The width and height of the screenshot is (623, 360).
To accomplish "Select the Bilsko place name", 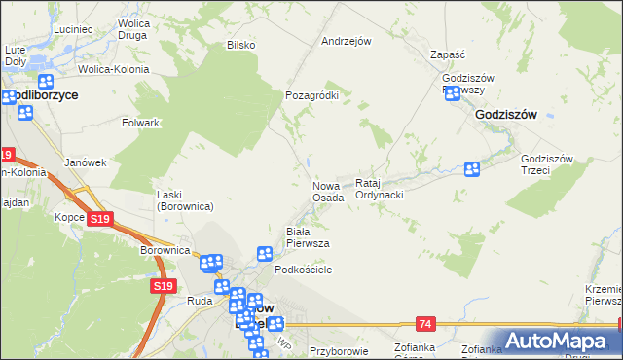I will pos(240,45).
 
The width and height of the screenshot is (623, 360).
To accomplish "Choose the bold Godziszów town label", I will pos(506,114).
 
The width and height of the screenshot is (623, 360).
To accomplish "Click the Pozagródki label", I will pos(311,95).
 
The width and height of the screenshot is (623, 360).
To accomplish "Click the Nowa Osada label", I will pos(328,191).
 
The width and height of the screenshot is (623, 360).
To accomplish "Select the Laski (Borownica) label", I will pos(185,200).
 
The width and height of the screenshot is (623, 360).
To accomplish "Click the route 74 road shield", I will pos(425,322).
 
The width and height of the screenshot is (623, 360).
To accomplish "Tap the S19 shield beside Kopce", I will pos(99,220).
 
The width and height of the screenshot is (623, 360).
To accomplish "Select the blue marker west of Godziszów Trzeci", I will pos(472,169).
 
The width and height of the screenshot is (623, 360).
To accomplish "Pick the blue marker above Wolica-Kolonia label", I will pos(45,85).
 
